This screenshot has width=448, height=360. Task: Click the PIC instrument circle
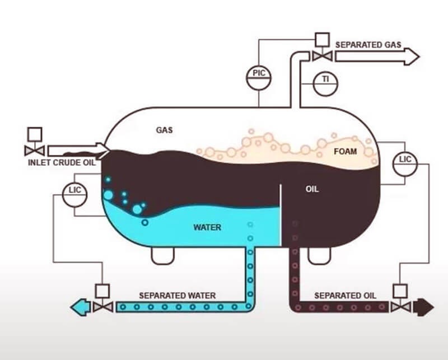(x=259, y=73)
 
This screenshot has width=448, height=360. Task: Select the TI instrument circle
(x=325, y=81)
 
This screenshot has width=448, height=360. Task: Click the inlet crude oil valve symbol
(x=34, y=150)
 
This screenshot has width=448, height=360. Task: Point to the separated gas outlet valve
(x=321, y=55)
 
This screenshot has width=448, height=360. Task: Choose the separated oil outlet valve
(x=400, y=306)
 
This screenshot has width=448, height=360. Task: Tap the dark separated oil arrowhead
(x=424, y=306)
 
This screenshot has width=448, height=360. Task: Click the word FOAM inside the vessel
(x=346, y=151)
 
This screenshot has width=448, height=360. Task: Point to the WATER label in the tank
(x=207, y=227)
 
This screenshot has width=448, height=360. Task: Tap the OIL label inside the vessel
(x=312, y=189)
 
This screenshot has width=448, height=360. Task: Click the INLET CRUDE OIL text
(x=62, y=163)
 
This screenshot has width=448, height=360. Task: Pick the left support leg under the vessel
(x=162, y=255)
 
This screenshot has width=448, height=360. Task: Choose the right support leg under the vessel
(x=318, y=255)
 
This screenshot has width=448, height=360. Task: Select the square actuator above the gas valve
(x=321, y=40)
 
